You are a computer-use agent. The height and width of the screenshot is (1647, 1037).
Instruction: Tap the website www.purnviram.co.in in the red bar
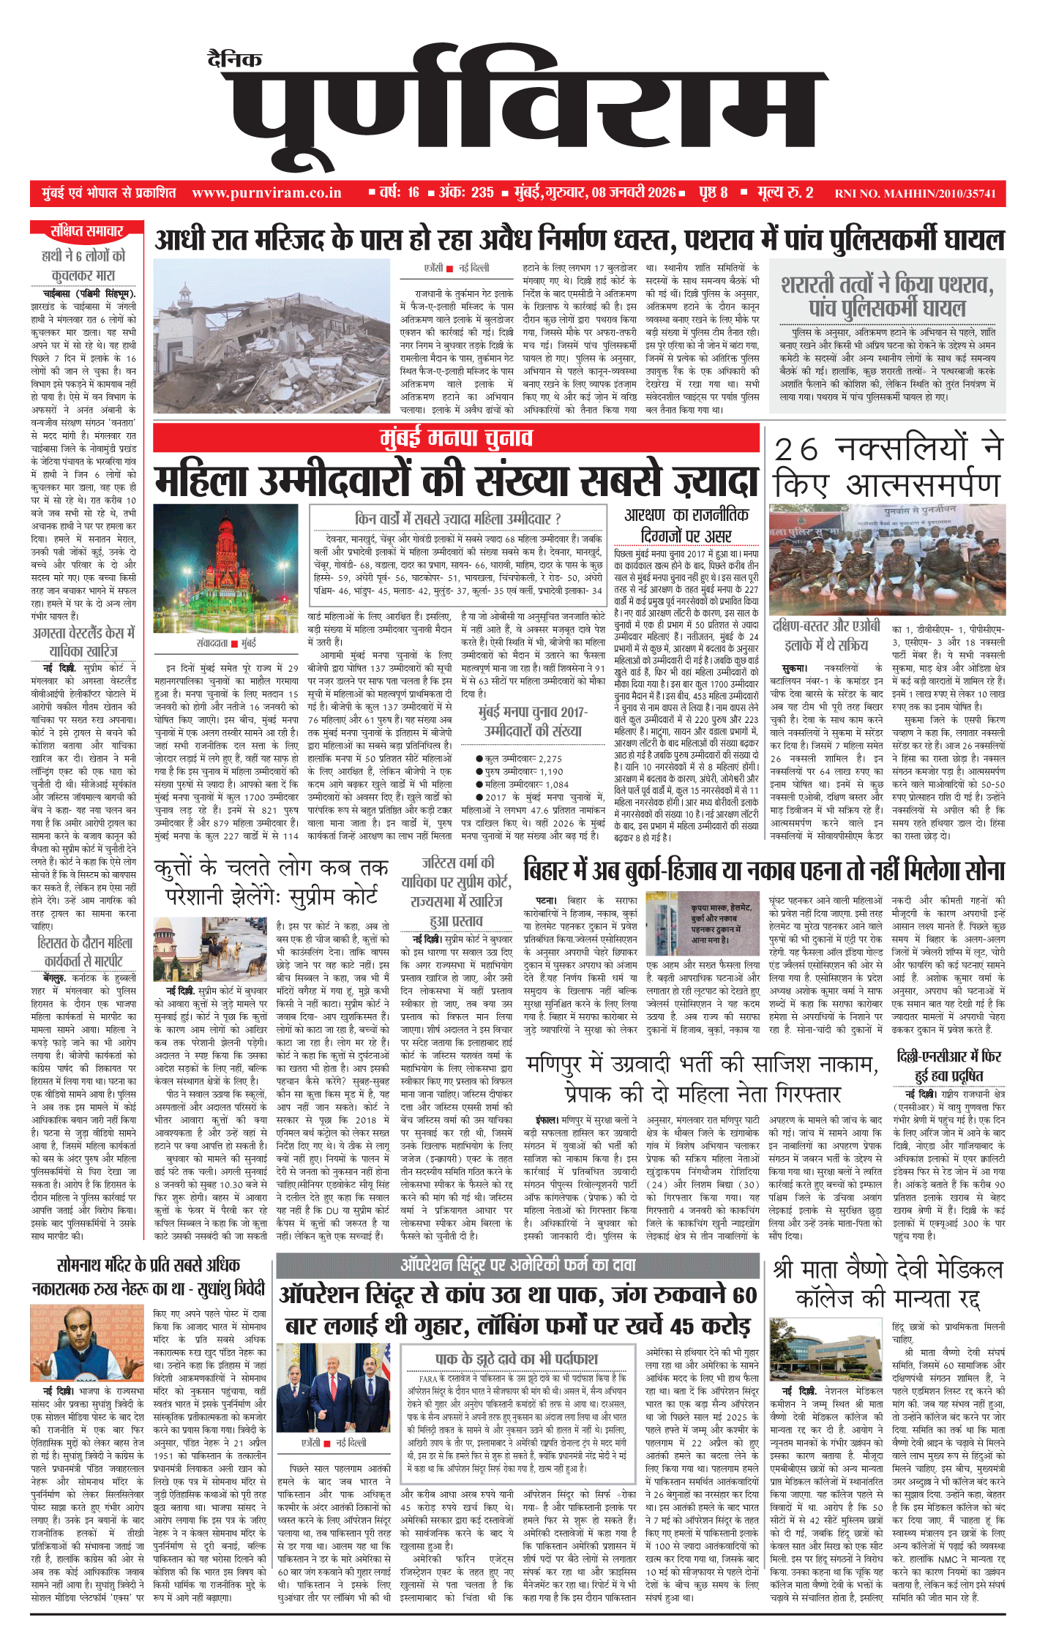[266, 193]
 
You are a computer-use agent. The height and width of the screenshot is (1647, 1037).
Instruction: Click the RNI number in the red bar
[915, 194]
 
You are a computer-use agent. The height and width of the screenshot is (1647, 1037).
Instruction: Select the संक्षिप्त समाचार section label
[86, 232]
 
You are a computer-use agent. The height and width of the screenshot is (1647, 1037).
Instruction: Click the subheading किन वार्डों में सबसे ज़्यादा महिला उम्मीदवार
[457, 519]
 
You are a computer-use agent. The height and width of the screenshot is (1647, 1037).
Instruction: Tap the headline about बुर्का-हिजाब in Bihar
[764, 871]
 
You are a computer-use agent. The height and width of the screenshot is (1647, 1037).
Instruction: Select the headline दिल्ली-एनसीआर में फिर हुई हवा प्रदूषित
[949, 1065]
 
